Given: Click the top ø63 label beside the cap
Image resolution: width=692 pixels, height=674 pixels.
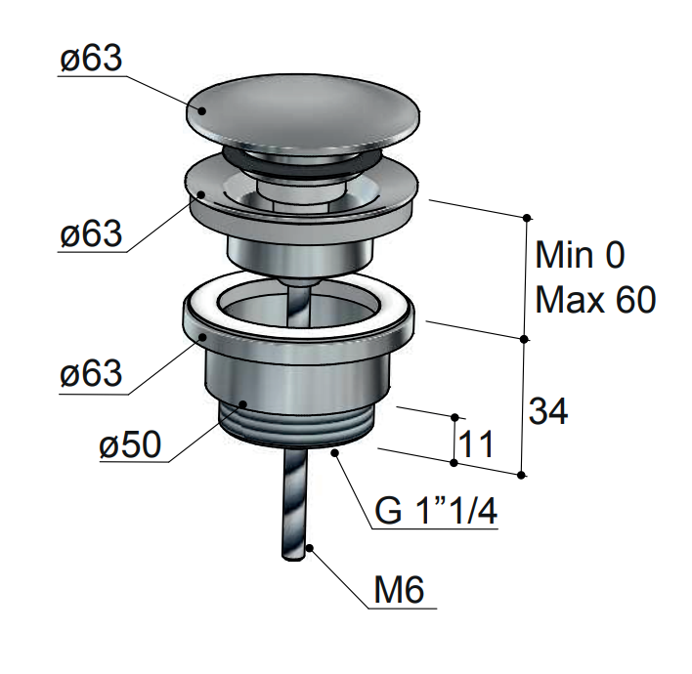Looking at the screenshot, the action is pyautogui.click(x=91, y=59).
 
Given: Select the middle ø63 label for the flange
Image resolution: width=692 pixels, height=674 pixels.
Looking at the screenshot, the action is pyautogui.click(x=91, y=233).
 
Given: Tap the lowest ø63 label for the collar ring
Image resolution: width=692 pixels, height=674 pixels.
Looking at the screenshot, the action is pyautogui.click(x=91, y=373).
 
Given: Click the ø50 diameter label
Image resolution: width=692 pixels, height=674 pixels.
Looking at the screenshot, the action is pyautogui.click(x=130, y=444).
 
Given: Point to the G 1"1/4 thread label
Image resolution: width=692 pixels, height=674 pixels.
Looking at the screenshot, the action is pyautogui.click(x=436, y=511).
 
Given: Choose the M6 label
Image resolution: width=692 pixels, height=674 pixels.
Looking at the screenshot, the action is pyautogui.click(x=399, y=589).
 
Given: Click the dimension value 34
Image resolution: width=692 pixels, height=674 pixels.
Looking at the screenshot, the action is pyautogui.click(x=548, y=411).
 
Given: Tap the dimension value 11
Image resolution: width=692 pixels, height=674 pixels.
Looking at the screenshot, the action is pyautogui.click(x=476, y=443).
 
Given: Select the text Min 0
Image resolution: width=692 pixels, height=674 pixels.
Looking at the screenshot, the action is pyautogui.click(x=580, y=255).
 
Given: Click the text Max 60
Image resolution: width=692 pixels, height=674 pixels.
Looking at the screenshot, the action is pyautogui.click(x=595, y=300).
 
